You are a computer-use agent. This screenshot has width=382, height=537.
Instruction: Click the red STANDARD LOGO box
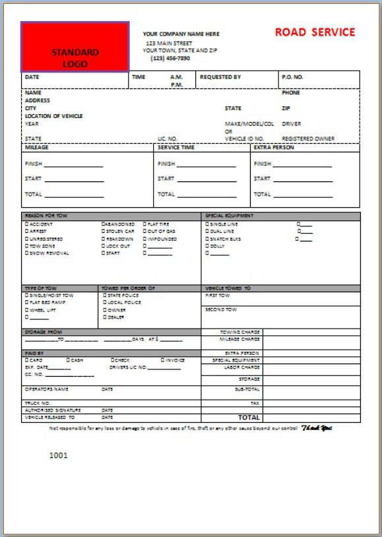(x=75, y=47)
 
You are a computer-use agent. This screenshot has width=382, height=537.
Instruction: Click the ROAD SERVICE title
(x=315, y=32)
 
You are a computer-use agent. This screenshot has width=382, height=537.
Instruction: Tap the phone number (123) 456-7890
(x=170, y=58)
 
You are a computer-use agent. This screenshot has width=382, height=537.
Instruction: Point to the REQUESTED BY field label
(x=220, y=77)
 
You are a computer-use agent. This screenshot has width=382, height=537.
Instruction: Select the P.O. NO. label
(x=292, y=77)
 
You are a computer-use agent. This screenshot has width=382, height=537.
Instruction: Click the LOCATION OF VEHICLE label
(x=54, y=116)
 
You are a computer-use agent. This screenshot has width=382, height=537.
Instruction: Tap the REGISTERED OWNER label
(x=307, y=139)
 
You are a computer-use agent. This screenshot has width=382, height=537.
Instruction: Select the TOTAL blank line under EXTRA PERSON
(x=303, y=195)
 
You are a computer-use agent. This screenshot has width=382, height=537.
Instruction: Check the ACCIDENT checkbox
(x=27, y=224)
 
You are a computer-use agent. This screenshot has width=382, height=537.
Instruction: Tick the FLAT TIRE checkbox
(x=144, y=224)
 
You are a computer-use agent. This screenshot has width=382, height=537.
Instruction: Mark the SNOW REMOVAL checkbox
(x=27, y=253)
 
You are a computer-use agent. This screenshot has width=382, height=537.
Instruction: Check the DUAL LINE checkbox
(x=207, y=232)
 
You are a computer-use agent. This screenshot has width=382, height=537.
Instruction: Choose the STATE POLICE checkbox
(x=104, y=296)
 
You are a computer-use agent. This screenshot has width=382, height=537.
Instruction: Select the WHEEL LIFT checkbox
(x=27, y=310)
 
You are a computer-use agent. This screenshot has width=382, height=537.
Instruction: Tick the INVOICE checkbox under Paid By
(x=163, y=360)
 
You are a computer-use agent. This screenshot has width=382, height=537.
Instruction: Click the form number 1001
(x=59, y=455)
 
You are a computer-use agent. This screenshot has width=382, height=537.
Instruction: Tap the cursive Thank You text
(x=317, y=428)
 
